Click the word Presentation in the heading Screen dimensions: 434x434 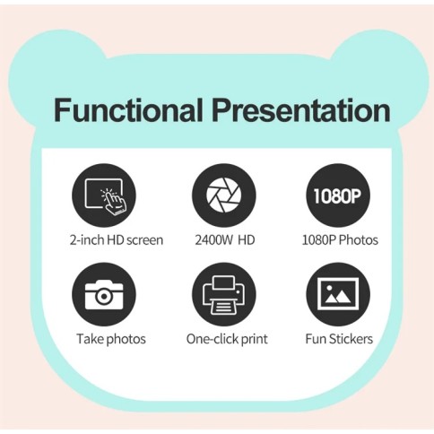click(299, 110)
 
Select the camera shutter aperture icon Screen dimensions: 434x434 click(223, 195)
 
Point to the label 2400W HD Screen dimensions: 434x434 click(223, 239)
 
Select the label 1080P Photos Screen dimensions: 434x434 click(338, 239)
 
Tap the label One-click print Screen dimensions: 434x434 click(226, 339)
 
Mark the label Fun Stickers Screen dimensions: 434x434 click(338, 339)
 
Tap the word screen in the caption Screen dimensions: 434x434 click(143, 239)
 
